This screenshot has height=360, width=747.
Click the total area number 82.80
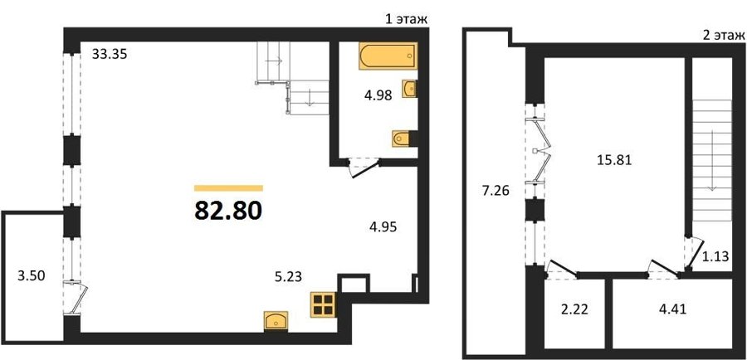click(228, 210)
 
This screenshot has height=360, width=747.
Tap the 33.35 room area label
click(110, 55)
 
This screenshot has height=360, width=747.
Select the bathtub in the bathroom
click(388, 56)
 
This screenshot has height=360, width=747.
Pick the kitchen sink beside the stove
click(276, 320)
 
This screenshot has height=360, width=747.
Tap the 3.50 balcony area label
click(32, 276)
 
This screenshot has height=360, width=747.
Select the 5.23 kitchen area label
click(288, 276)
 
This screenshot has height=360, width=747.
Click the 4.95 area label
click(383, 226)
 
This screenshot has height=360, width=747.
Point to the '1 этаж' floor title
click(405, 20)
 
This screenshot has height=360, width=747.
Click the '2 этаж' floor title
click(723, 34)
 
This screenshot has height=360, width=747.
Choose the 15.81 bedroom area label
click(614, 160)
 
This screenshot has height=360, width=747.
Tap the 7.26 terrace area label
click(496, 192)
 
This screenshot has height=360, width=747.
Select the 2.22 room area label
click(574, 310)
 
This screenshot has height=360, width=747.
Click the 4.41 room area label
click(671, 310)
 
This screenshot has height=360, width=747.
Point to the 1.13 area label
click(715, 256)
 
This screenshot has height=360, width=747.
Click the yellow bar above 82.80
click(228, 188)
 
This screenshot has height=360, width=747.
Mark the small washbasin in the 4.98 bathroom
click(409, 89)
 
